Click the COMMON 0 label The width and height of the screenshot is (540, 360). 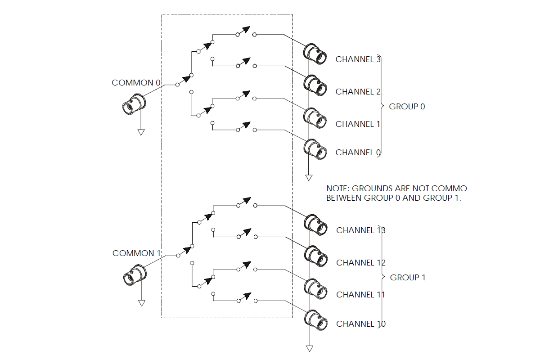tap(136, 83)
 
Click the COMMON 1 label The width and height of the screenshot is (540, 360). tap(136, 253)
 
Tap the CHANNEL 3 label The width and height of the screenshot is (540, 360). tap(358, 59)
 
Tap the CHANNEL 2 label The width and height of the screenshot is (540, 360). tap(358, 92)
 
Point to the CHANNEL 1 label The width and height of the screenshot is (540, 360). tap(358, 124)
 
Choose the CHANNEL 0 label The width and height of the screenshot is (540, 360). tap(358, 153)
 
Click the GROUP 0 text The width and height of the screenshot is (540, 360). tap(407, 107)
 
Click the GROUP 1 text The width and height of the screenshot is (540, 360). tap(407, 278)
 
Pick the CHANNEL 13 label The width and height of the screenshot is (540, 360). tap(360, 230)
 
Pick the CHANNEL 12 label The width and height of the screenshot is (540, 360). tap(360, 263)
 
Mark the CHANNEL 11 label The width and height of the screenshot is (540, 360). tap(360, 295)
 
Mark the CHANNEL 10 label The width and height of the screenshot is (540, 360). tap(360, 324)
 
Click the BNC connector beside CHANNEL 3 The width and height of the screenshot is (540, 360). tap(315, 53)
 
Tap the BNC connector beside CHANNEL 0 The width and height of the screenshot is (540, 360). tap(315, 149)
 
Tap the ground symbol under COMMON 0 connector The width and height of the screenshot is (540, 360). tap(141, 132)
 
